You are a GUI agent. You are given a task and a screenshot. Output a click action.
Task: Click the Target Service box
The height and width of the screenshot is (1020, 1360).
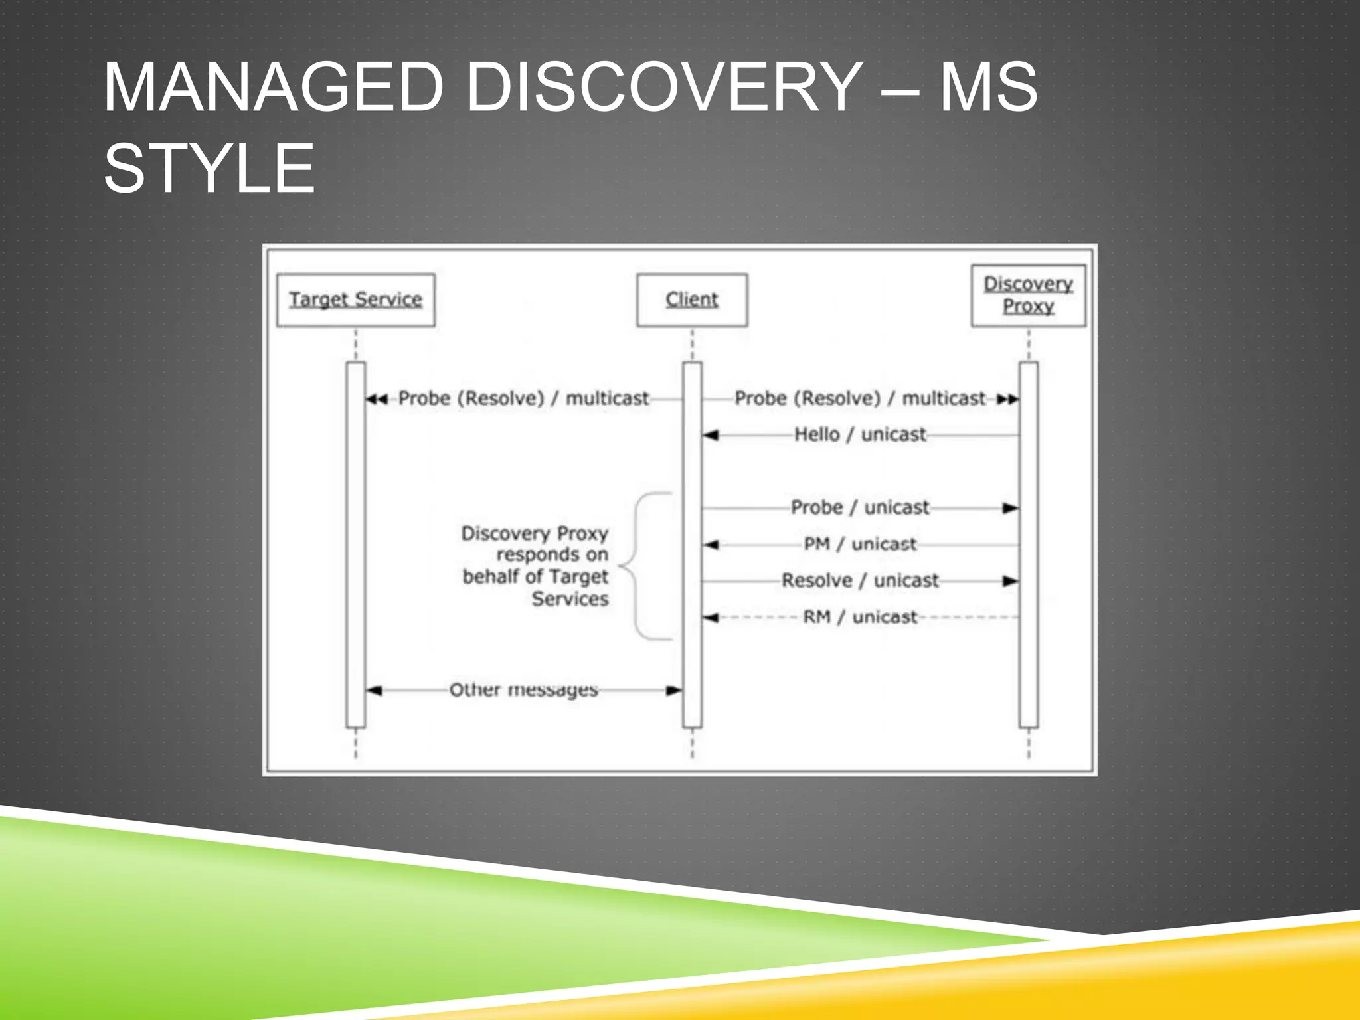(355, 300)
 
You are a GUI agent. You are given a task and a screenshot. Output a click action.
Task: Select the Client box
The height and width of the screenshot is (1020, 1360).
(691, 300)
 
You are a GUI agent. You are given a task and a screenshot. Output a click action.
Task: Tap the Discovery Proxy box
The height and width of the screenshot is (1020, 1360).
(1028, 296)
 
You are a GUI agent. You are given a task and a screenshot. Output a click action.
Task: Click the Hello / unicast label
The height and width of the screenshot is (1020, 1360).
(860, 434)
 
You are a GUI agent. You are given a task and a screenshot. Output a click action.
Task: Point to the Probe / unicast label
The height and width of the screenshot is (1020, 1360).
(860, 507)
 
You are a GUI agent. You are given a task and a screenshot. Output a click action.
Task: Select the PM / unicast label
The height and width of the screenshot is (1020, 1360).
(860, 544)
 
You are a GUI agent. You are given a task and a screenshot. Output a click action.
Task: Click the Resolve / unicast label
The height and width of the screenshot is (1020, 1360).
(860, 580)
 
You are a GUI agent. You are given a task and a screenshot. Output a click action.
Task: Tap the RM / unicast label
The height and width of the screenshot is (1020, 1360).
(860, 617)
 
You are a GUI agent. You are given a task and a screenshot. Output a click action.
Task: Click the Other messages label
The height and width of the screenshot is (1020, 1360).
(523, 690)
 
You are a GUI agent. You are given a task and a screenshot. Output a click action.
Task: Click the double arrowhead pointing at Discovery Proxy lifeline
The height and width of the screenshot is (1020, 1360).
(1007, 399)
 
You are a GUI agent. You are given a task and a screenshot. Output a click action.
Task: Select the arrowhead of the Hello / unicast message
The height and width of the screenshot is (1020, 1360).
(711, 436)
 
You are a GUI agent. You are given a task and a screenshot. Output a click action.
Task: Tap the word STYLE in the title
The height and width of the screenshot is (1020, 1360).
(209, 169)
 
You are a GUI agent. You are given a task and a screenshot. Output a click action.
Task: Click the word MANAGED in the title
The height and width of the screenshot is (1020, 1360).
(273, 88)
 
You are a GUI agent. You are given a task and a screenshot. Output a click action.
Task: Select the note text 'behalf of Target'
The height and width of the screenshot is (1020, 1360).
(535, 576)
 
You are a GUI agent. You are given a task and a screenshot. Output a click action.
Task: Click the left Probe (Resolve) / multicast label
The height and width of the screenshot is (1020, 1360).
(523, 398)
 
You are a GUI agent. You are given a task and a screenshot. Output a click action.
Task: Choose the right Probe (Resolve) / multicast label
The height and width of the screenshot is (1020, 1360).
(860, 398)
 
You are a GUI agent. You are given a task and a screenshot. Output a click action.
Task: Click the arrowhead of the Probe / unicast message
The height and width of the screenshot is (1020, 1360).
(1010, 509)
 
